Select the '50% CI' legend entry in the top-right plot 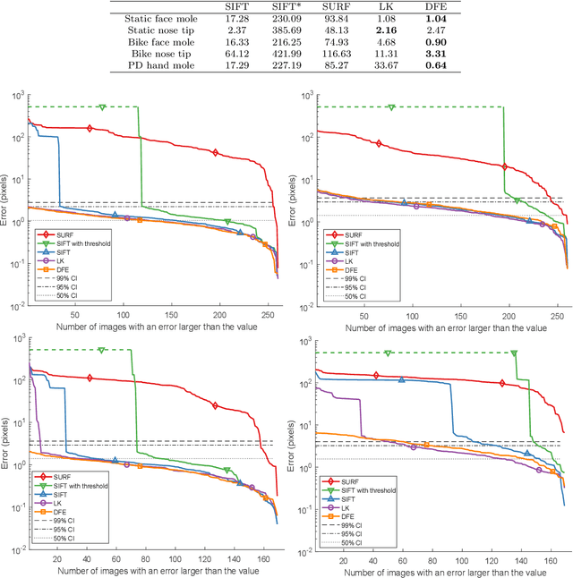click(355, 295)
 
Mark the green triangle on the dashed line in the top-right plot click(390, 107)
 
